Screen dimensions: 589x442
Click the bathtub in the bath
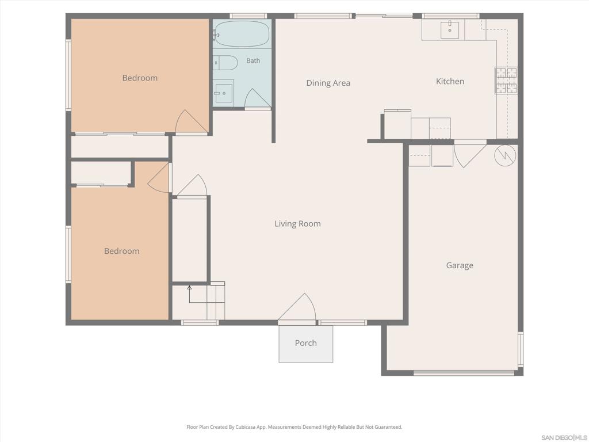(242, 34)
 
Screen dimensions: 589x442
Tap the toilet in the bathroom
(225, 63)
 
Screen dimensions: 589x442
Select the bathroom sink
(224, 93)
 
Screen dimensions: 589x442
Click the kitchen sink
(450, 29)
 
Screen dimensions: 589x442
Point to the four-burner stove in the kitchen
(506, 80)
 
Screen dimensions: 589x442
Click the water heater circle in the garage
(505, 155)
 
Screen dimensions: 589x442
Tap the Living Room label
(297, 224)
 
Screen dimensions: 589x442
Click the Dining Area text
(328, 83)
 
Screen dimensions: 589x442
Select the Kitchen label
(450, 81)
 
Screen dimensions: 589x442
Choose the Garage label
(460, 265)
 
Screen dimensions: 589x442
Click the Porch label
(306, 343)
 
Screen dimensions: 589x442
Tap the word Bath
(253, 60)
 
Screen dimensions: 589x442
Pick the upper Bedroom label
(140, 78)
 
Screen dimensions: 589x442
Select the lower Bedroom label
(122, 251)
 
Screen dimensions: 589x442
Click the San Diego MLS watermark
(564, 437)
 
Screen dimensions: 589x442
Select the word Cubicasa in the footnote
(243, 427)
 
